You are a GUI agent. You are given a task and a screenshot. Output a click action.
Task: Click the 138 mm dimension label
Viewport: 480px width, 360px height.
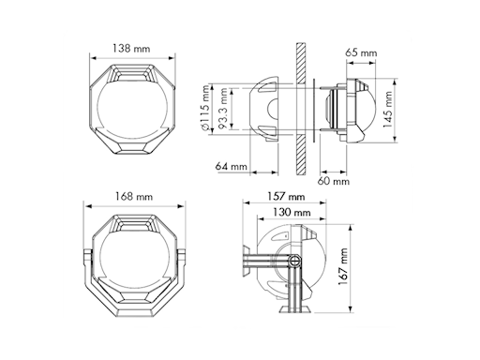click(131, 49)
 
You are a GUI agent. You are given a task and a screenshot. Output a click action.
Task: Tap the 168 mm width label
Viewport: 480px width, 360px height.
click(134, 197)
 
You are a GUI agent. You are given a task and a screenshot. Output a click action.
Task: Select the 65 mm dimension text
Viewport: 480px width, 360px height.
click(361, 52)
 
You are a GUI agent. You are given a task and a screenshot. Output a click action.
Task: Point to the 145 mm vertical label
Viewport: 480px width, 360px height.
click(387, 110)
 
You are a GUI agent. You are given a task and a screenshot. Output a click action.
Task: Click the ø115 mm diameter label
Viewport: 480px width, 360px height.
click(204, 108)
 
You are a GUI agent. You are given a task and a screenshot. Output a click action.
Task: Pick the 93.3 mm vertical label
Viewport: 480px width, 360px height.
click(223, 109)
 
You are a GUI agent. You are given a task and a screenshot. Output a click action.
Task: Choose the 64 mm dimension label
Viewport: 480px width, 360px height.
click(231, 166)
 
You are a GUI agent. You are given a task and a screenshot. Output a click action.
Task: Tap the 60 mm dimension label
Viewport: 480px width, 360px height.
click(334, 181)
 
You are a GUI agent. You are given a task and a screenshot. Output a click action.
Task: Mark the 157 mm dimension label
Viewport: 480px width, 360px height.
click(286, 196)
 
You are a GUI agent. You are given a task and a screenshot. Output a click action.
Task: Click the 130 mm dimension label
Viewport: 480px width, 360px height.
click(292, 212)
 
